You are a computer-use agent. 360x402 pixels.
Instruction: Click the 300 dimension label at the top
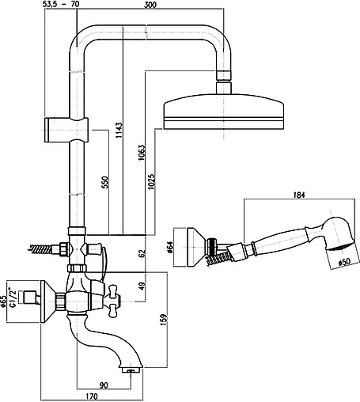pos(150,5)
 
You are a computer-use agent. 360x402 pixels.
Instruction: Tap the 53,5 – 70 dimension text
pos(60,4)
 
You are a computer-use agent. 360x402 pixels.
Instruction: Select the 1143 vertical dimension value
pos(119,130)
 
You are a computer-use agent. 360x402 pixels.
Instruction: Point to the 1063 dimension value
pos(142,153)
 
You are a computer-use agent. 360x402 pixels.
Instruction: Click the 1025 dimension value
pos(151,181)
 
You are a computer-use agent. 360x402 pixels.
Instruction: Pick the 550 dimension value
pos(105,183)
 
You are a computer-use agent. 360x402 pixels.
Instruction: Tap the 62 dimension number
pos(142,253)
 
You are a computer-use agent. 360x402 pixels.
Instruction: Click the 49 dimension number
pos(142,286)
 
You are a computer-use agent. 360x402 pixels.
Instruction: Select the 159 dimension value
pos(164,320)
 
